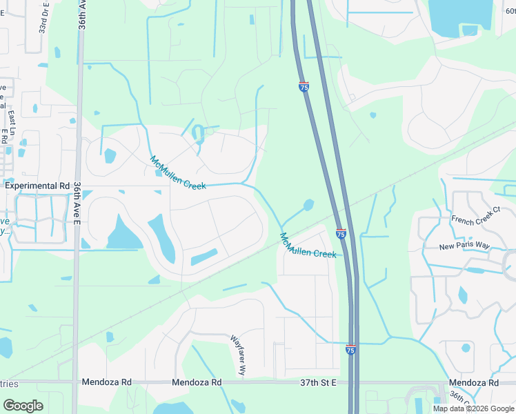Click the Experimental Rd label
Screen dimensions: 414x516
[37, 186]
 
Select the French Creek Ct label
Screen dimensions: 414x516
[475, 219]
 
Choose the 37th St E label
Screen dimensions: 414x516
[317, 382]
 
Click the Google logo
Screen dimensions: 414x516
[23, 406]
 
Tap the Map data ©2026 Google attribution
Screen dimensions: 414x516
[473, 408]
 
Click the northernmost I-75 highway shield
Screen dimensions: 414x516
[304, 87]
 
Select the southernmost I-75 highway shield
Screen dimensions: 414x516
[351, 351]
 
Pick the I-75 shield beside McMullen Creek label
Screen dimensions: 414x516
[341, 235]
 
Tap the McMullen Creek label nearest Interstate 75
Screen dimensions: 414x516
[307, 246]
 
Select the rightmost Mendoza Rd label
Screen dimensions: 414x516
[473, 382]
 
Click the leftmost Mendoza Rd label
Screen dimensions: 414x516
[106, 382]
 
